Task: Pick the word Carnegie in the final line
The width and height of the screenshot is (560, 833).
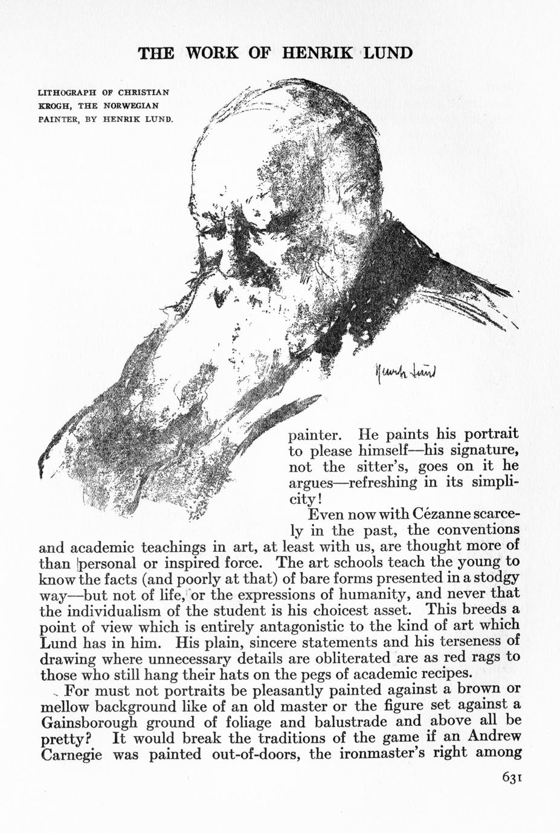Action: pyautogui.click(x=71, y=754)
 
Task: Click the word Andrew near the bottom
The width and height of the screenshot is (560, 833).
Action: pyautogui.click(x=491, y=737)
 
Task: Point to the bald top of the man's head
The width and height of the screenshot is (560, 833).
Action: pyautogui.click(x=326, y=115)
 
